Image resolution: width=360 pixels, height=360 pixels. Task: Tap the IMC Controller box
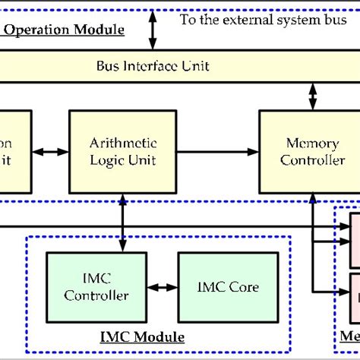pyautogui.click(x=96, y=286)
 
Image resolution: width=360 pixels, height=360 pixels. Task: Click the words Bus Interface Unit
pyautogui.click(x=153, y=66)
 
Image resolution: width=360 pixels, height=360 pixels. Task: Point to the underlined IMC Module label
pyautogui.click(x=143, y=336)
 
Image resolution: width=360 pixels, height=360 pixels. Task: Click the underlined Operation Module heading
pyautogui.click(x=64, y=30)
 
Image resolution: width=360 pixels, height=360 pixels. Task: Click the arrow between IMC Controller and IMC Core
pyautogui.click(x=161, y=288)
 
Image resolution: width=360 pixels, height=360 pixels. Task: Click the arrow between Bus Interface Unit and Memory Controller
pyautogui.click(x=311, y=96)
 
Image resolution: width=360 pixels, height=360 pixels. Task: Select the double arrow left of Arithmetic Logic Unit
pyautogui.click(x=50, y=152)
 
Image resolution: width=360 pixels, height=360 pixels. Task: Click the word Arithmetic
pyautogui.click(x=124, y=143)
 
